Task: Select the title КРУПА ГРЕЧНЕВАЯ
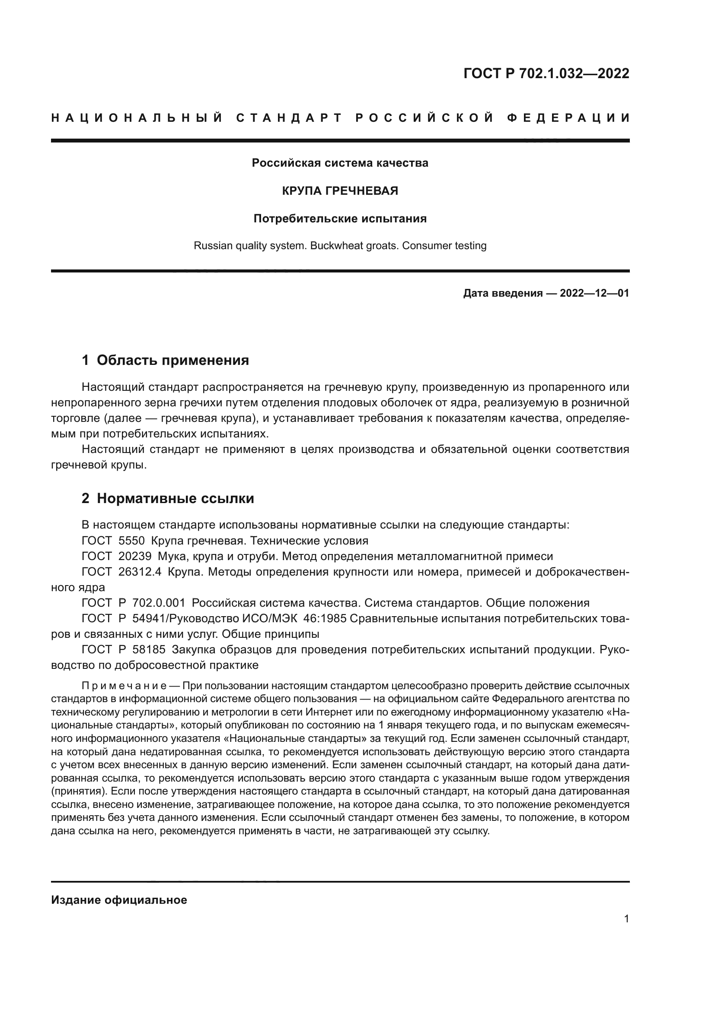tap(340, 191)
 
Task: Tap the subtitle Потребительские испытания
tap(340, 218)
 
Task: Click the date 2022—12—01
tap(594, 293)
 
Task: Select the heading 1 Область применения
tap(165, 360)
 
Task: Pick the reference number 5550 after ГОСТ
tap(132, 541)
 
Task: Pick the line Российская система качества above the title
tap(340, 163)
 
